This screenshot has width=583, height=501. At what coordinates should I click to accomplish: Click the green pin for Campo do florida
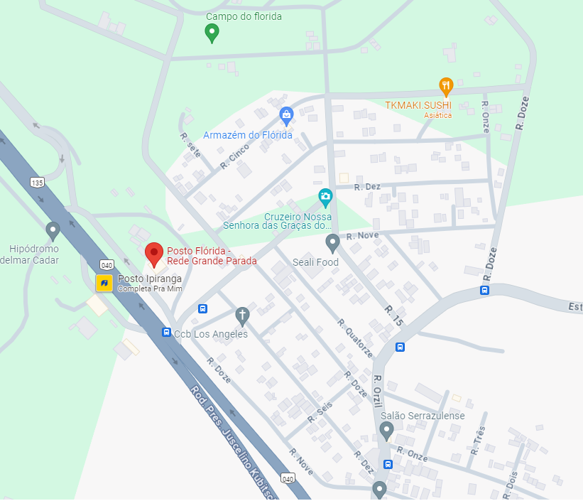click(x=211, y=32)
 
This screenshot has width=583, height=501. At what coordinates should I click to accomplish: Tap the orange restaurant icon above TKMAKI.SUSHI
click(x=446, y=86)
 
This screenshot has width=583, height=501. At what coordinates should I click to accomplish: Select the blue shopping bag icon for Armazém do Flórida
click(x=286, y=114)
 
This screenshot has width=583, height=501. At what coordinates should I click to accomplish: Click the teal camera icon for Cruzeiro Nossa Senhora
click(x=325, y=196)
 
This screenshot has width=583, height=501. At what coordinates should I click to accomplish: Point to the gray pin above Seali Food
click(x=332, y=243)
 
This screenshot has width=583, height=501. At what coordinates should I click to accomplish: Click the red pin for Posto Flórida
click(x=153, y=254)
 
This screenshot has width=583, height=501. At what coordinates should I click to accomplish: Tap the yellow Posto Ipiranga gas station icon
click(x=104, y=283)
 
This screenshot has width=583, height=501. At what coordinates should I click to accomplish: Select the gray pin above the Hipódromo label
click(x=52, y=230)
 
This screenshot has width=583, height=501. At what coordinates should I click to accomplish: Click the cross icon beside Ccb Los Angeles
click(x=242, y=316)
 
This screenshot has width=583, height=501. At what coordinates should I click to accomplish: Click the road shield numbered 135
click(x=37, y=182)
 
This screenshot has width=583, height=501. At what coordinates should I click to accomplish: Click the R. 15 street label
click(x=393, y=316)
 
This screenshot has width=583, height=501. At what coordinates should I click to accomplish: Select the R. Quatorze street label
click(x=355, y=338)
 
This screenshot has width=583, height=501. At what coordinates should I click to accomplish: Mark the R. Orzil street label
click(x=378, y=391)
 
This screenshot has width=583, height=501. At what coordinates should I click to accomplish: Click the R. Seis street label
click(x=320, y=413)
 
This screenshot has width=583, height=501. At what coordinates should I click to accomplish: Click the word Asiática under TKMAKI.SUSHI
click(x=437, y=115)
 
